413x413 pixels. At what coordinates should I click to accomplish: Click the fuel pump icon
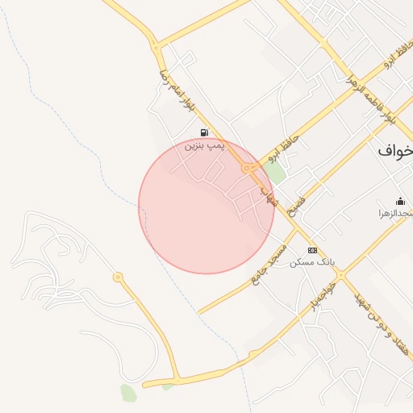(204, 132)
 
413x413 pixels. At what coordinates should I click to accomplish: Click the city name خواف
(396, 150)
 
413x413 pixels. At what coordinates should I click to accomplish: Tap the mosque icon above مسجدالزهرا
(399, 201)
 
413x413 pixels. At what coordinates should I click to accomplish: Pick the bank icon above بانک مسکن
(312, 250)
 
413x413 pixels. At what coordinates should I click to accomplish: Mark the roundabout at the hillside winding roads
(119, 277)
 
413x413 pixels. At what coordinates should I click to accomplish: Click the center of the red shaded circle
(206, 206)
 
